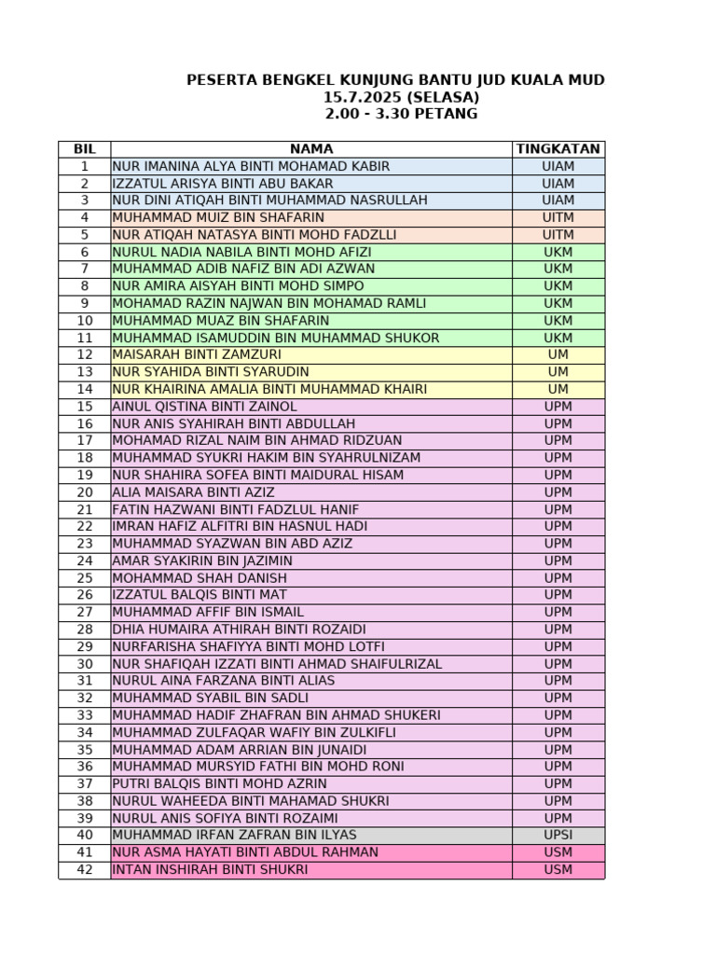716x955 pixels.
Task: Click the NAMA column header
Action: pyautogui.click(x=310, y=149)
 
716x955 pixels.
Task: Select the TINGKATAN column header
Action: pyautogui.click(x=558, y=149)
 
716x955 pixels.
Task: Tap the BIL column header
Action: pyautogui.click(x=84, y=149)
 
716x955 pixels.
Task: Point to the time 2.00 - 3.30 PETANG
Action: pyautogui.click(x=401, y=114)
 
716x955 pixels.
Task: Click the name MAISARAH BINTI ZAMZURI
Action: pyautogui.click(x=197, y=354)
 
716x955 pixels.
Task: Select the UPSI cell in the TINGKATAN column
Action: pyautogui.click(x=558, y=835)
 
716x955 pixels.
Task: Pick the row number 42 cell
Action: pyautogui.click(x=84, y=869)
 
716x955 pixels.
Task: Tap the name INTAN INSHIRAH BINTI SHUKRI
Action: pyautogui.click(x=210, y=869)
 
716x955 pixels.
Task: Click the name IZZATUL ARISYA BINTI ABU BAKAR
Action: pyautogui.click(x=222, y=184)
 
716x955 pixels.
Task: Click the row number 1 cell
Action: pyautogui.click(x=84, y=166)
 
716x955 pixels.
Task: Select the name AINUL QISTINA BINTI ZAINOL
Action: pyautogui.click(x=204, y=407)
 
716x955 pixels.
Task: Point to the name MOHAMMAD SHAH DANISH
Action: pyautogui.click(x=200, y=578)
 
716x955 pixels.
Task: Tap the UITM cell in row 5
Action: pyautogui.click(x=558, y=235)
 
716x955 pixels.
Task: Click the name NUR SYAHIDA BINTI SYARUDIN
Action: pyautogui.click(x=210, y=372)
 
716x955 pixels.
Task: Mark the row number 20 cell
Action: pyautogui.click(x=84, y=492)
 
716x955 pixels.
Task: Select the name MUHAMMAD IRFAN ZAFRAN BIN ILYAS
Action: pyautogui.click(x=234, y=835)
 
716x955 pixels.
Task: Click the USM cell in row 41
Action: pyautogui.click(x=558, y=852)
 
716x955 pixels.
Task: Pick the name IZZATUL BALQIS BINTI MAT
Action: pyautogui.click(x=200, y=595)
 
